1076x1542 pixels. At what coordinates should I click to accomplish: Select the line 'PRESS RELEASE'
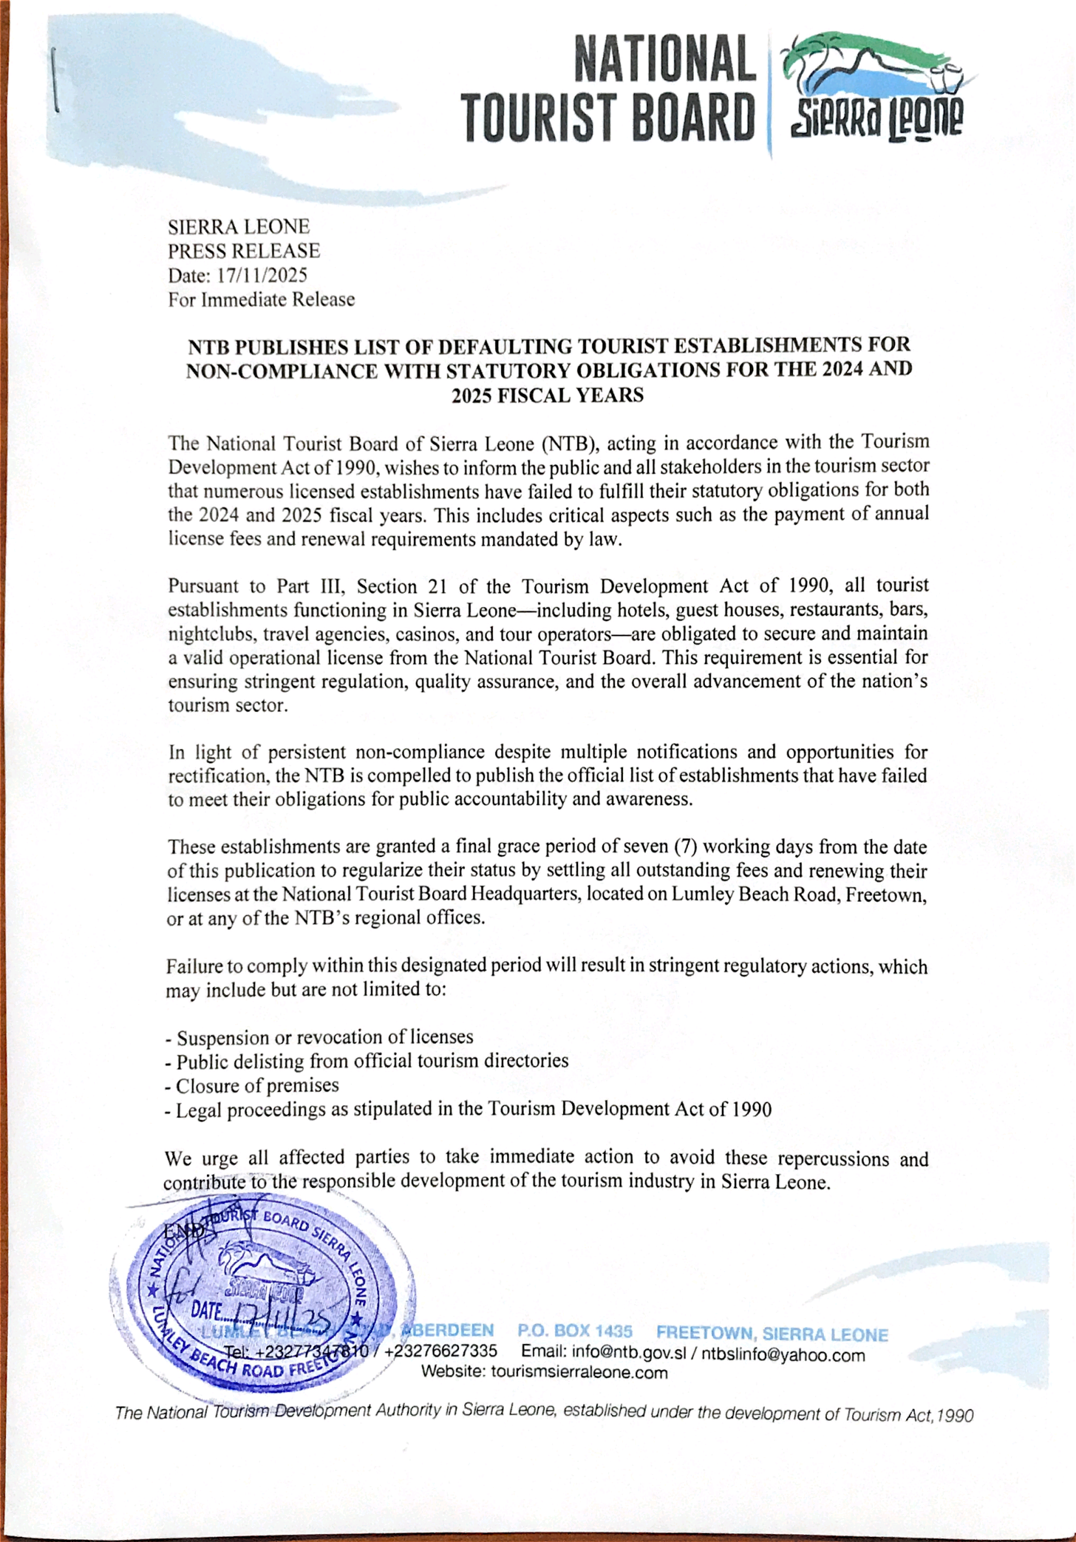pos(243,251)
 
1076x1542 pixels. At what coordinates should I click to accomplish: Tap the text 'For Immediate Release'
pos(261,299)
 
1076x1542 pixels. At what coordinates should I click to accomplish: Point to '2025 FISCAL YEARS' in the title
pos(547,395)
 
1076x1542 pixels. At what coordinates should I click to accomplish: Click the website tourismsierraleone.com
pos(579,1372)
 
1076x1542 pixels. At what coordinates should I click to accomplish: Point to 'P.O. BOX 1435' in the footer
pos(575,1330)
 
